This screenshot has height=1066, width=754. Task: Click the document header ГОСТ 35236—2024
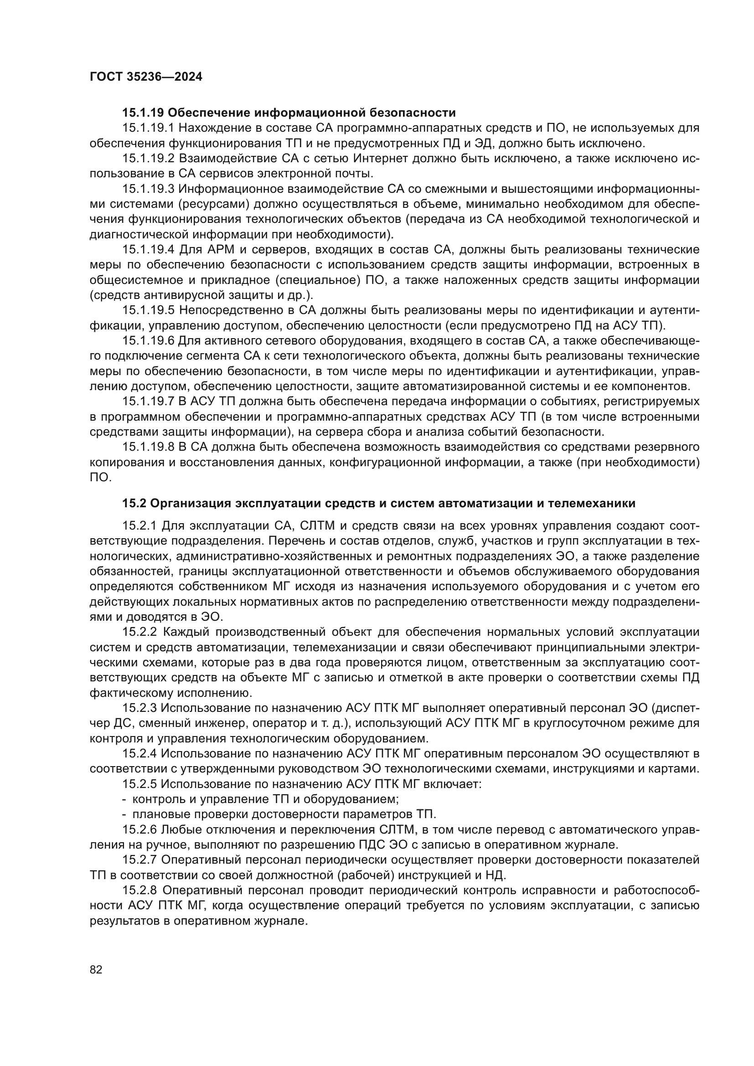[x=146, y=77]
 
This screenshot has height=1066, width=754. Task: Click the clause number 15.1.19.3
[x=148, y=189]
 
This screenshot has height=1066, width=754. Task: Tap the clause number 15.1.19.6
[x=148, y=341]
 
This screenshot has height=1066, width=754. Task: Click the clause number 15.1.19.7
[x=148, y=401]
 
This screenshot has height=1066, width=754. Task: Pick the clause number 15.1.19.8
[x=148, y=447]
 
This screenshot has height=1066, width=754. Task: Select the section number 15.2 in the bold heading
[x=134, y=503]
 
